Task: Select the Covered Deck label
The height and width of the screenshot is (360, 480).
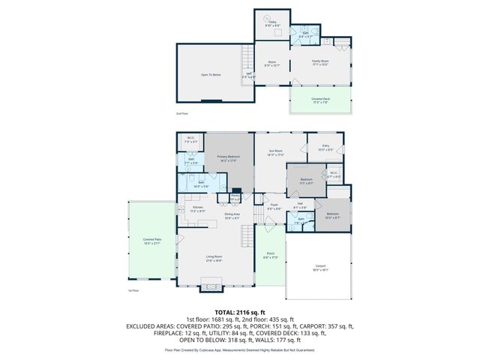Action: pos(320,100)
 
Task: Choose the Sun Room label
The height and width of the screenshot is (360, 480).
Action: pos(276,152)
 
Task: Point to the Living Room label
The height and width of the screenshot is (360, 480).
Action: pos(214,259)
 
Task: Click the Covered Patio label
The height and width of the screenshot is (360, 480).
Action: pos(152,241)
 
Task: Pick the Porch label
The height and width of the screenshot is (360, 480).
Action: pos(270,256)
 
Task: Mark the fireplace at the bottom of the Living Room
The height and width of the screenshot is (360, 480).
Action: pos(211,285)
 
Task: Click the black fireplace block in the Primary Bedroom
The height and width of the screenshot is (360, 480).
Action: pos(236,190)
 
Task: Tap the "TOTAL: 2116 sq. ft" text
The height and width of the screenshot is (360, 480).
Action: pos(239,311)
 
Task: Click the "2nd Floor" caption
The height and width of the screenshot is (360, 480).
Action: pos(181,113)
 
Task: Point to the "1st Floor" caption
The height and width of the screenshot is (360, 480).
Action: pos(134,290)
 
